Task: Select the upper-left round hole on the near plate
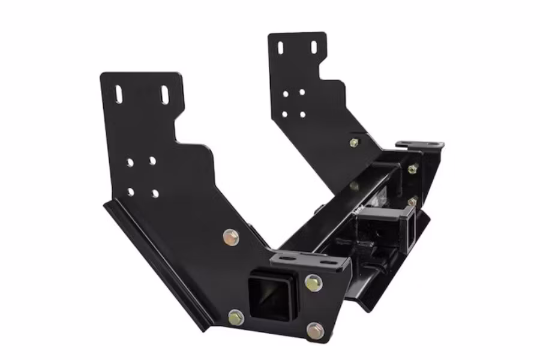tap(130, 162)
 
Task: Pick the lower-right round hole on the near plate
tap(155, 193)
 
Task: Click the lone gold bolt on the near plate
tap(230, 237)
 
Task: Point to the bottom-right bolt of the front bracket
tap(315, 329)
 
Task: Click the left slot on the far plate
tap(280, 48)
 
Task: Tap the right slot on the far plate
tap(314, 47)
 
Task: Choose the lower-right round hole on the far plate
tap(302, 114)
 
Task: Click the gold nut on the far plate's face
tap(354, 143)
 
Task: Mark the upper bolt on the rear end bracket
tap(412, 169)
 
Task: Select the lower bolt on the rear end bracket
tap(413, 201)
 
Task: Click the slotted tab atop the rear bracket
tap(420, 145)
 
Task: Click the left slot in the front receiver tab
tap(286, 259)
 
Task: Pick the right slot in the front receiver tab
tap(327, 262)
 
